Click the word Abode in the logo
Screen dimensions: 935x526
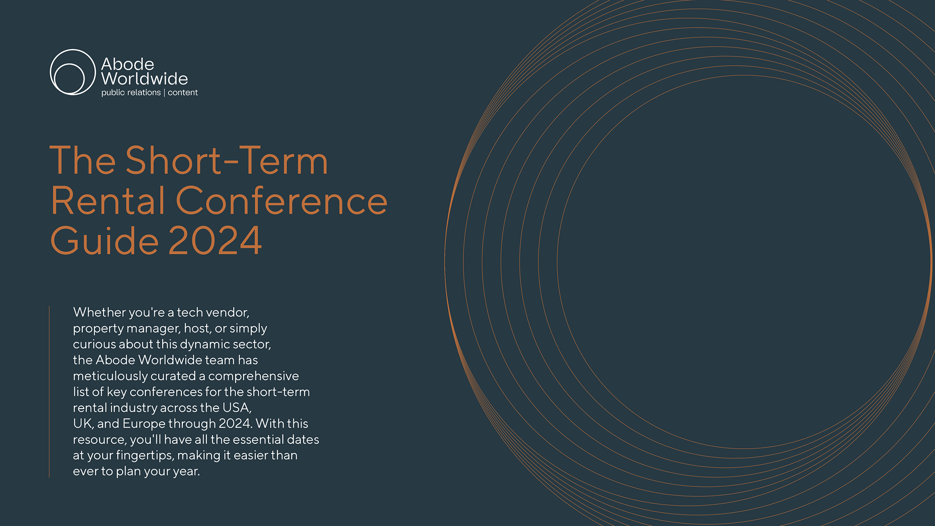pos(128,64)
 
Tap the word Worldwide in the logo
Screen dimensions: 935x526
pos(144,79)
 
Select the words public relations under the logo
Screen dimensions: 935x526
pos(131,92)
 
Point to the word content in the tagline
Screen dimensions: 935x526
pos(183,92)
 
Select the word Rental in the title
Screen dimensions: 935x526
pos(108,201)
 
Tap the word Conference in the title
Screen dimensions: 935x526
pos(282,201)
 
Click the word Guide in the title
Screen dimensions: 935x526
pos(104,241)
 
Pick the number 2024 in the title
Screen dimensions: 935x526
pos(215,241)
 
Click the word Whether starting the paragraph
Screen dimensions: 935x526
pos(100,312)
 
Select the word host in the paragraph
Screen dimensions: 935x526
pos(197,329)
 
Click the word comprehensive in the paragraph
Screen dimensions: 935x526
pos(253,376)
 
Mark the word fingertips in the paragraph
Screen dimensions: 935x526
pos(145,456)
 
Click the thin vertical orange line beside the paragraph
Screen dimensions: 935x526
pos(49,392)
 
